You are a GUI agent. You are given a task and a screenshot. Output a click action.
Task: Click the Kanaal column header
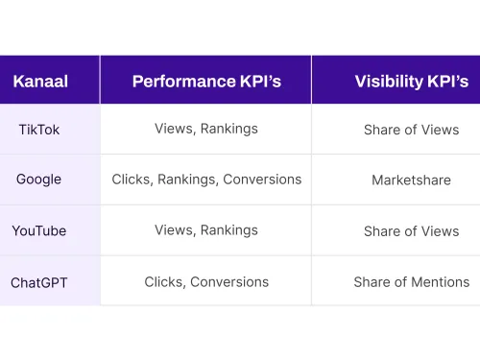(40, 82)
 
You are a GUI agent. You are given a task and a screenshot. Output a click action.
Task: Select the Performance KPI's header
(206, 82)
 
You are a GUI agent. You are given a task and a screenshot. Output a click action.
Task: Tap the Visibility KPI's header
(411, 82)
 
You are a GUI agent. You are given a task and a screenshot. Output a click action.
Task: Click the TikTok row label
(39, 130)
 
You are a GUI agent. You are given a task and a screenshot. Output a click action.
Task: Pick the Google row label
(38, 180)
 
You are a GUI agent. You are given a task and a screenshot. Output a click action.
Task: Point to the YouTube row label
(39, 231)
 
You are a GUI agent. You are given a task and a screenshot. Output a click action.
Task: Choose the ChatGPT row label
(39, 282)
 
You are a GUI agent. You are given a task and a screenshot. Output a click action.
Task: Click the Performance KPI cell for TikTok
(206, 129)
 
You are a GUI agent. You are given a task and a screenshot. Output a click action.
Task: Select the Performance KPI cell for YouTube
(206, 230)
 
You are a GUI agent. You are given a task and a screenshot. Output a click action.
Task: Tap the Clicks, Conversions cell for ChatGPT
(206, 282)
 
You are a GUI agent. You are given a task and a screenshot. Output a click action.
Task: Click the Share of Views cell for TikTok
(411, 130)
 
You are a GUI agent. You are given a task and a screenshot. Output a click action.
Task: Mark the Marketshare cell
(411, 180)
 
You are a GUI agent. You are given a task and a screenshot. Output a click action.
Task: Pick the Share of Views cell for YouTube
(411, 231)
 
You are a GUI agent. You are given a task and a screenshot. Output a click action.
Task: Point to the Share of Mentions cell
(411, 282)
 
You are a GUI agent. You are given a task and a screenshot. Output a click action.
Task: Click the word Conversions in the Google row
(262, 180)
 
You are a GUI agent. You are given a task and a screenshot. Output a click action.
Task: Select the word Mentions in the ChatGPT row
(439, 282)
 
